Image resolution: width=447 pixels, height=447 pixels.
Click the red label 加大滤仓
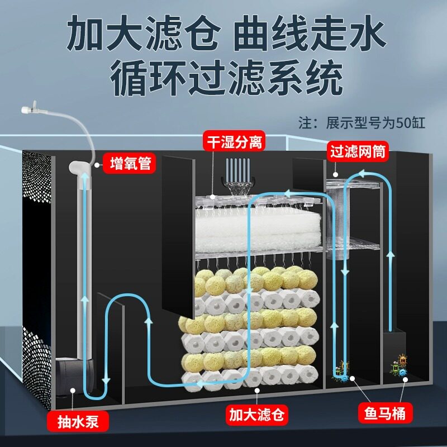pyautogui.click(x=256, y=415)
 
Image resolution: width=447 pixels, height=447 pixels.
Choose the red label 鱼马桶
pyautogui.click(x=386, y=414)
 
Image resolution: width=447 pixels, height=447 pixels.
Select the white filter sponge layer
pyautogui.click(x=257, y=229)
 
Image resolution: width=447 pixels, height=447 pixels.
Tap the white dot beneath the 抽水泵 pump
pyautogui.click(x=73, y=391)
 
